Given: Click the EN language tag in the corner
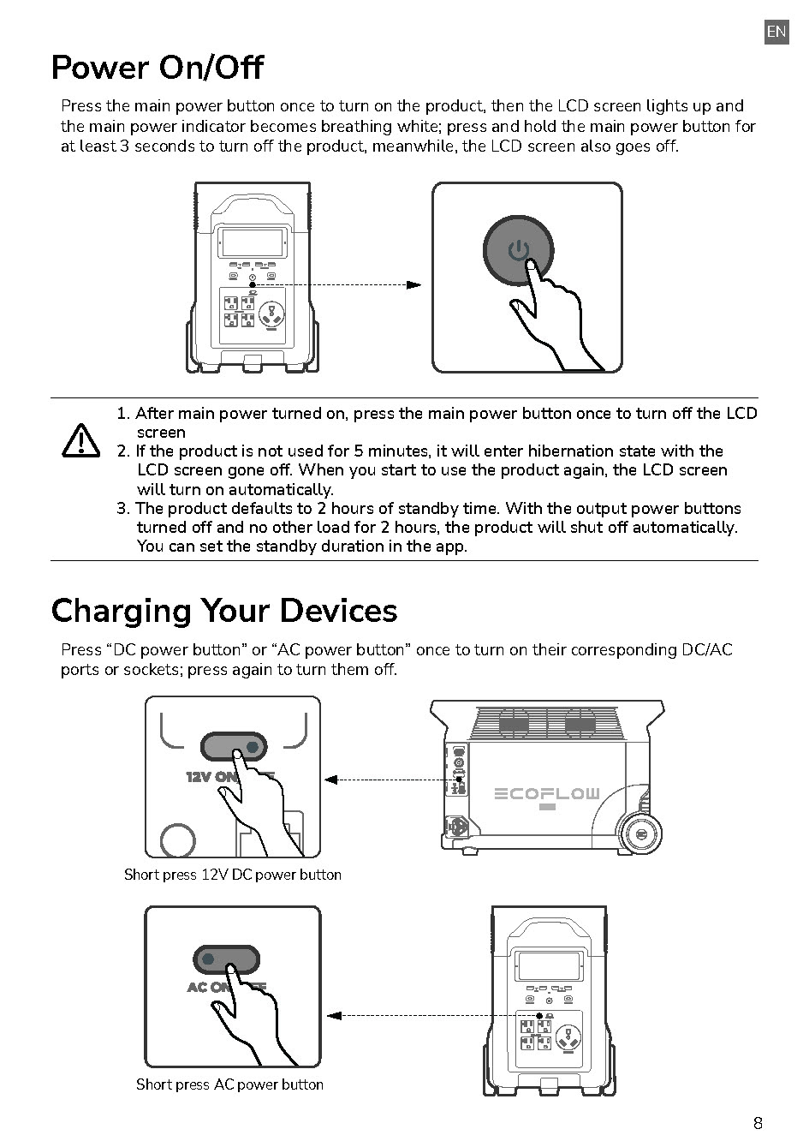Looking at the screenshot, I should pyautogui.click(x=776, y=32).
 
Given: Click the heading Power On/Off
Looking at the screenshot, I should pyautogui.click(x=158, y=68).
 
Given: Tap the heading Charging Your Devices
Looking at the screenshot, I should pyautogui.click(x=224, y=611).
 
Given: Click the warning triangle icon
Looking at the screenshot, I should pyautogui.click(x=81, y=440).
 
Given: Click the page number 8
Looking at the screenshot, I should pyautogui.click(x=758, y=1123).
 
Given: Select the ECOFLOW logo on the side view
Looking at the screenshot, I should pyautogui.click(x=548, y=794).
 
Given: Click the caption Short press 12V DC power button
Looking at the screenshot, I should pyautogui.click(x=233, y=875).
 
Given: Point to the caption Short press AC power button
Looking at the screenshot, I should pyautogui.click(x=229, y=1084).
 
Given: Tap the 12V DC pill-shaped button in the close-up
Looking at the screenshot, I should pyautogui.click(x=234, y=747).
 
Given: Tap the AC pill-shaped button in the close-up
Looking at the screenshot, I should pyautogui.click(x=226, y=959).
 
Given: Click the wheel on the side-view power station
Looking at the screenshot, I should pyautogui.click(x=642, y=833).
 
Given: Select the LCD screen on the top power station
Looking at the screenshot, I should pyautogui.click(x=252, y=242).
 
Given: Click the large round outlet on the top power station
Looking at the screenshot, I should pyautogui.click(x=272, y=314).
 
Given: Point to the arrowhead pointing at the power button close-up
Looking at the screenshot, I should pyautogui.click(x=414, y=284).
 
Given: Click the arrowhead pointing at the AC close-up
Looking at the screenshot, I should pyautogui.click(x=335, y=1016).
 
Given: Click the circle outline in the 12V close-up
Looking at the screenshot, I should pyautogui.click(x=178, y=840).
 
